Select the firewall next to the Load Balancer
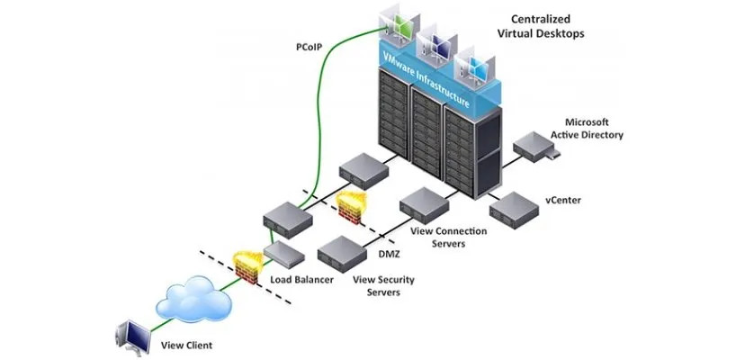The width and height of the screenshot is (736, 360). click(x=247, y=265)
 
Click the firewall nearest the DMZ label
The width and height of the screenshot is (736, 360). click(x=352, y=207)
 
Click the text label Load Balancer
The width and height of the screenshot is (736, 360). click(x=302, y=280)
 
